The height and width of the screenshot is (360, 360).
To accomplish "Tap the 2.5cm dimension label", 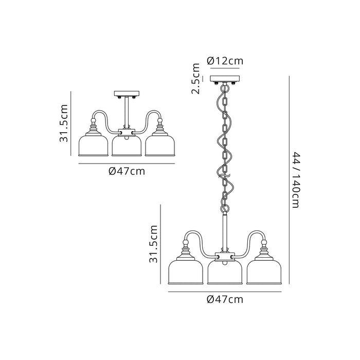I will click(196, 79).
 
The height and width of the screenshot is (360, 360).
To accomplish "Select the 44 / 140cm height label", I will click(295, 180).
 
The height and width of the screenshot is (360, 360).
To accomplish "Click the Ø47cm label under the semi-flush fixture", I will click(127, 171).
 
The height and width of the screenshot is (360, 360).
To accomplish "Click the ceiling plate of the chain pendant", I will click(225, 79).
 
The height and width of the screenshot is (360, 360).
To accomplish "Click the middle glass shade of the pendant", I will click(225, 273).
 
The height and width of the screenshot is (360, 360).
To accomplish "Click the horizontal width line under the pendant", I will click(225, 291).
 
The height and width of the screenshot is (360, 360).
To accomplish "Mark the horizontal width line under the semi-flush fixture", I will click(127, 163).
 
